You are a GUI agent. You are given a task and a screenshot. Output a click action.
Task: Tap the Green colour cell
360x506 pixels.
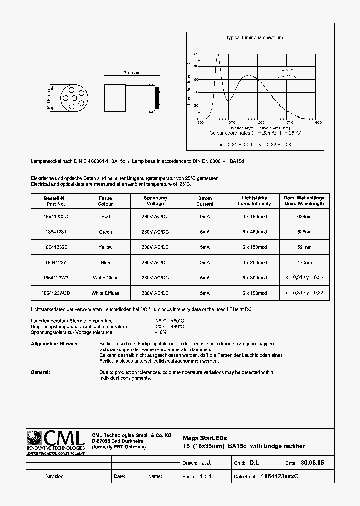(x=105, y=232)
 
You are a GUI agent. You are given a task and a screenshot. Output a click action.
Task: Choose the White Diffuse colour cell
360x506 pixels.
(x=105, y=293)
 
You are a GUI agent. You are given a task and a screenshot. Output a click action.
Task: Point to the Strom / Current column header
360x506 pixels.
(x=205, y=201)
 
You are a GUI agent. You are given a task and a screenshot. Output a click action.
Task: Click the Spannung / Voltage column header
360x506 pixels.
(x=155, y=201)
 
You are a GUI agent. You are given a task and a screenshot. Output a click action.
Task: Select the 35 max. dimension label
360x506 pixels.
(x=132, y=73)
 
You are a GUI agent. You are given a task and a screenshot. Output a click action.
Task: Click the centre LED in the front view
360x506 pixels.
(x=64, y=97)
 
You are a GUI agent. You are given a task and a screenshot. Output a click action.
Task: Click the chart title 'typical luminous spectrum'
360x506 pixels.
(x=255, y=38)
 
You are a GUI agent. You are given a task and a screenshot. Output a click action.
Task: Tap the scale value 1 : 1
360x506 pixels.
(x=205, y=477)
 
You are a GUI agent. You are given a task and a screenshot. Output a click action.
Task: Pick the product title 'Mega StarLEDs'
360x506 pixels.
(x=205, y=438)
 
